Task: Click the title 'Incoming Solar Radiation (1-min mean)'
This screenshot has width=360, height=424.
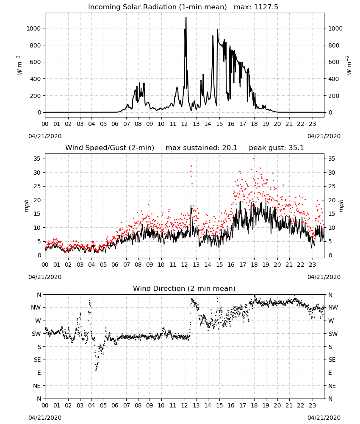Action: (158, 7)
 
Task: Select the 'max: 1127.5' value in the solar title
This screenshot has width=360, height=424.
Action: (256, 7)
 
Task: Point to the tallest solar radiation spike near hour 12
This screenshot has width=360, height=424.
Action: (186, 18)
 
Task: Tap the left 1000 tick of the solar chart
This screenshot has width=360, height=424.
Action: (33, 28)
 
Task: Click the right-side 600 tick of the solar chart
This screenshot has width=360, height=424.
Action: (334, 62)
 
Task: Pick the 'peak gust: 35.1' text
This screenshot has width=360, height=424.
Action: (276, 148)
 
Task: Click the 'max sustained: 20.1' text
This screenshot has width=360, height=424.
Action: (202, 148)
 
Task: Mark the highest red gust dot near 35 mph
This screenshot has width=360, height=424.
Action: (254, 159)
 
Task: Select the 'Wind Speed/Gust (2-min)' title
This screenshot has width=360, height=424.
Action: (110, 148)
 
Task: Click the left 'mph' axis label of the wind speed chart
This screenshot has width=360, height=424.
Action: (26, 206)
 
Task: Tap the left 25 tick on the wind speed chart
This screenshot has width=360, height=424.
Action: (37, 186)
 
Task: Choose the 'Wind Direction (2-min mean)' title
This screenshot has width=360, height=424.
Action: (184, 288)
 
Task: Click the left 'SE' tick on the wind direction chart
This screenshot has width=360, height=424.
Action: (37, 360)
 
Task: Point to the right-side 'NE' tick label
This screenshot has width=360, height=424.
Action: (332, 386)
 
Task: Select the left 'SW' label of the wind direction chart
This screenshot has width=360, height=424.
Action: (36, 334)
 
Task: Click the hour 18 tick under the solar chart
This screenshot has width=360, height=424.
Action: (254, 124)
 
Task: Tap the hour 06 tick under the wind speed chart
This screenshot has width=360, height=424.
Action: (115, 265)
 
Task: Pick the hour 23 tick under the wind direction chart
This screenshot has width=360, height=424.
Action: (312, 405)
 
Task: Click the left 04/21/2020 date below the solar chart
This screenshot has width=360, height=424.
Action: (45, 136)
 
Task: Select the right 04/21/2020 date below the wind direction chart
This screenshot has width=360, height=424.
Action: (324, 418)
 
